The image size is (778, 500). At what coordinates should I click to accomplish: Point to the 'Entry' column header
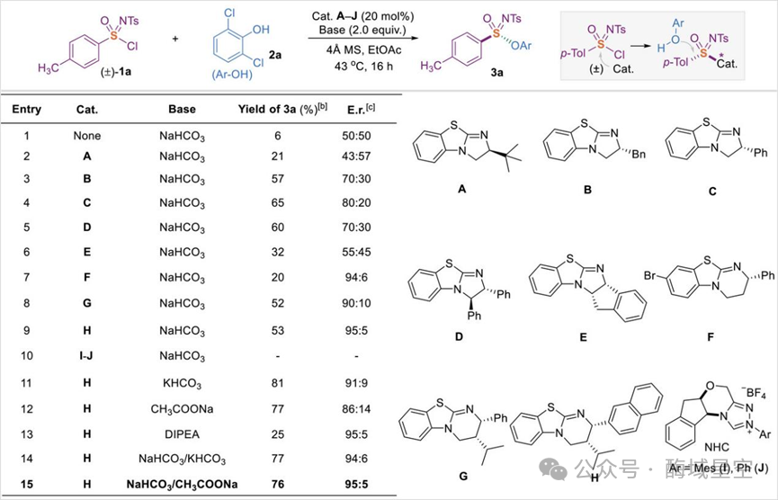(x=26, y=109)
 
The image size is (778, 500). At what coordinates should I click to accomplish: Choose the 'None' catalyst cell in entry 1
(x=89, y=136)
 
